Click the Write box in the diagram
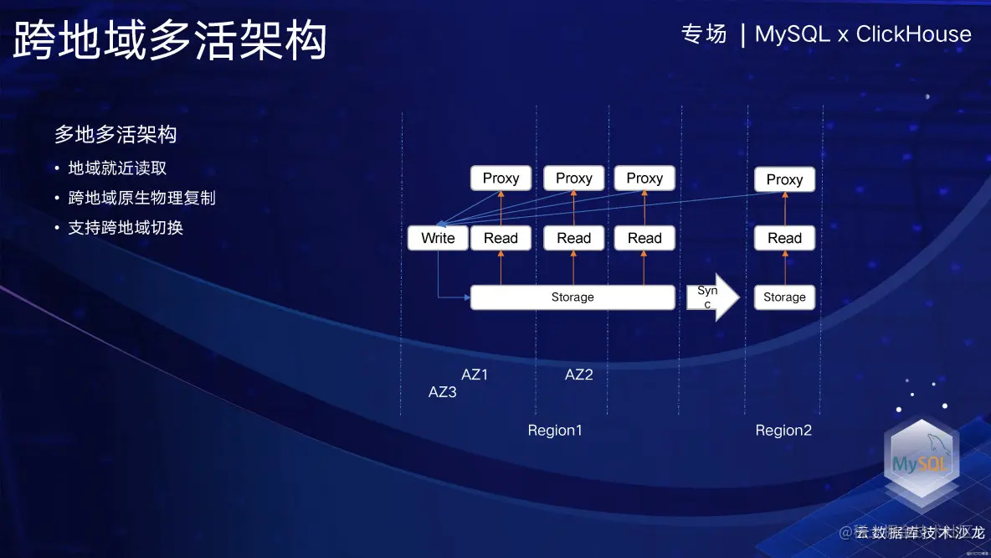click(x=438, y=238)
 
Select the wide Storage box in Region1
click(x=573, y=297)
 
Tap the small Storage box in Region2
click(x=784, y=297)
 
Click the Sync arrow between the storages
click(x=711, y=297)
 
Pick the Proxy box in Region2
click(x=784, y=179)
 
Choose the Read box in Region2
click(x=784, y=238)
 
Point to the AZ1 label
click(x=475, y=375)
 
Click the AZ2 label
click(x=578, y=375)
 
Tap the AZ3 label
click(x=443, y=391)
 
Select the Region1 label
click(x=555, y=431)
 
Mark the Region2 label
click(x=783, y=431)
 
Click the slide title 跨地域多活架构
click(x=170, y=40)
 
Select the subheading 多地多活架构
click(x=116, y=134)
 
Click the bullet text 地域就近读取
click(x=117, y=168)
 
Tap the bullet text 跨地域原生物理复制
click(x=141, y=198)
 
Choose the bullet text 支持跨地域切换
click(x=126, y=227)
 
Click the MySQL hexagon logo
click(x=922, y=462)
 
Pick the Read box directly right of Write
click(x=501, y=238)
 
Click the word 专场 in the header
click(x=704, y=34)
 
